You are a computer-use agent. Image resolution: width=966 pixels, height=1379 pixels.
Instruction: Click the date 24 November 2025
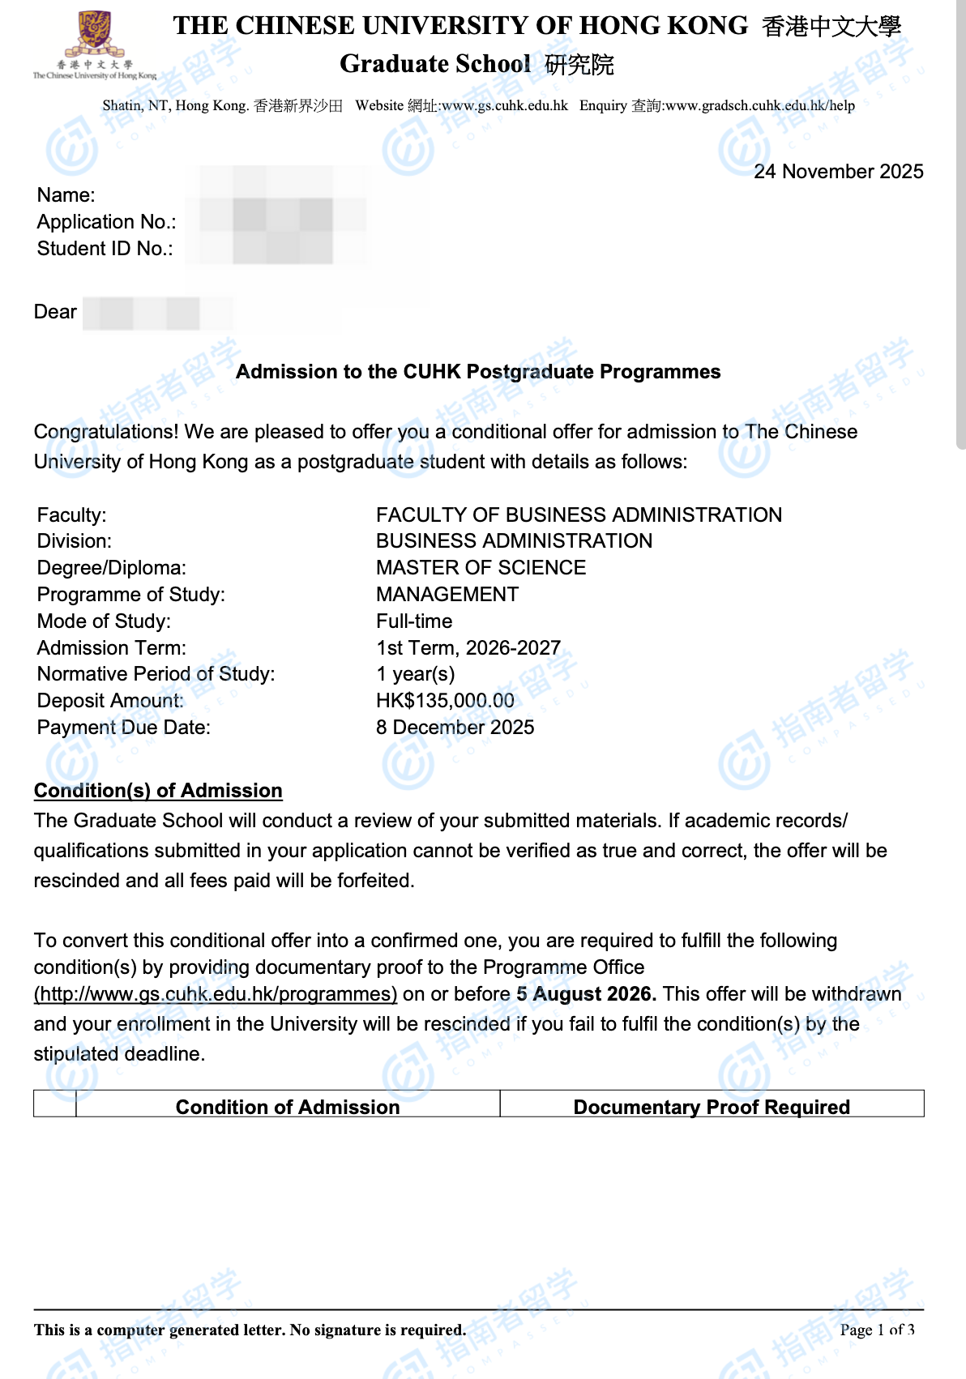(838, 172)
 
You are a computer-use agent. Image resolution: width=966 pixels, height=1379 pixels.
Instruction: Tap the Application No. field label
(106, 222)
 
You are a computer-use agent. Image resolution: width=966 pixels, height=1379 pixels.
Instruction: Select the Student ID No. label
(105, 249)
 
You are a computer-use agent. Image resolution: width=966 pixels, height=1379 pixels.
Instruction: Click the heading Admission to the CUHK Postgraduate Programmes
(478, 372)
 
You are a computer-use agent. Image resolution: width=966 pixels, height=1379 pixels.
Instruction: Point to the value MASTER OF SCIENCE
(481, 568)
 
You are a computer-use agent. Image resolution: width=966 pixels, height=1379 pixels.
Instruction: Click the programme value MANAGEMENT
(447, 595)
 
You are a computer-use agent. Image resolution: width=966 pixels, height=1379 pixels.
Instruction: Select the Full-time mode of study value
(414, 621)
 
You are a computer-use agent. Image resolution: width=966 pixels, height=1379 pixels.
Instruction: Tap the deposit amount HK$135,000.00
(445, 701)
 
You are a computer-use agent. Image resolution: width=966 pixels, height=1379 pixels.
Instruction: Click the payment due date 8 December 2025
(455, 728)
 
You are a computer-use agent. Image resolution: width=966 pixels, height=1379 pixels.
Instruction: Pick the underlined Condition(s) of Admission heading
(158, 791)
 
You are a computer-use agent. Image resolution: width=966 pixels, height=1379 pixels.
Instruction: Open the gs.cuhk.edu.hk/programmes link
(216, 994)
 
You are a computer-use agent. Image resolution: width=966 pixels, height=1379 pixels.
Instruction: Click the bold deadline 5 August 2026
(586, 994)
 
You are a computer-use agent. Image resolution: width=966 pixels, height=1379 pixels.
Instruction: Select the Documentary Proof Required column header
(712, 1107)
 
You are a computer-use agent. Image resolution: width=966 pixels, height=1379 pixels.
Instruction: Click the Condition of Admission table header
(288, 1107)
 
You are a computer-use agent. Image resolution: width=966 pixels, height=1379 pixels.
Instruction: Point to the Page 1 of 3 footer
(877, 1330)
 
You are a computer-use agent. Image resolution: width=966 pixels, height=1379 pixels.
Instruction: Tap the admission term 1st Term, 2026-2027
(468, 648)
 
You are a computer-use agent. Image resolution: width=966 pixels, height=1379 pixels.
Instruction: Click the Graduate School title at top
(435, 64)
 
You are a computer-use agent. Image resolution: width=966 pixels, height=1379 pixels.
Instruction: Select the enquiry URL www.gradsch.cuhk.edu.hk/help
(759, 105)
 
